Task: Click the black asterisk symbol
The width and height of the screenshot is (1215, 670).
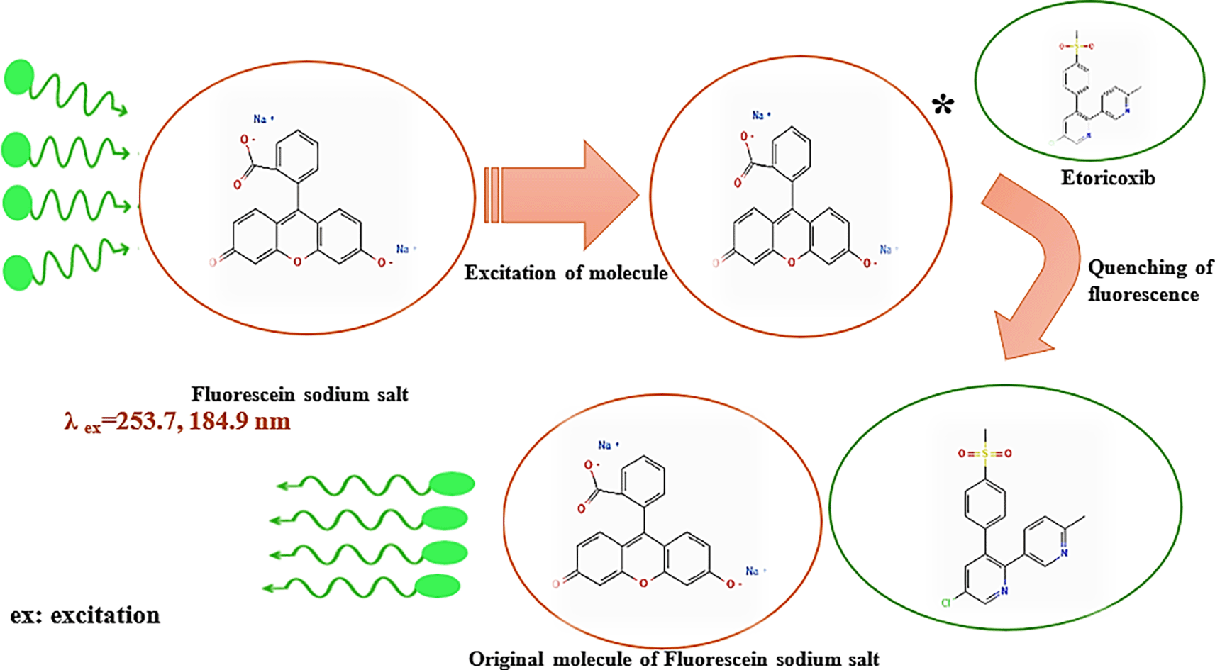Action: (943, 107)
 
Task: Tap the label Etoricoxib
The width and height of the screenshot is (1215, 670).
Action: (1108, 178)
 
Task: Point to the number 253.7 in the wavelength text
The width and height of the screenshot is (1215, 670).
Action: (146, 421)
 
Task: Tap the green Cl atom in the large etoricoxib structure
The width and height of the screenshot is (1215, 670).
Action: (945, 603)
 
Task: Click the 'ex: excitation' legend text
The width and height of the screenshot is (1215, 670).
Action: (85, 615)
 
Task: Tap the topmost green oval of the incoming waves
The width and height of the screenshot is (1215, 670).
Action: (19, 77)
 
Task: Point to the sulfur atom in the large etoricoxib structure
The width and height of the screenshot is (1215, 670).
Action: (984, 453)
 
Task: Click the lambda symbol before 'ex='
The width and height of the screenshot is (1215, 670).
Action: (71, 421)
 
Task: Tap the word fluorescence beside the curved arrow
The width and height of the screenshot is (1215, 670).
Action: (1143, 294)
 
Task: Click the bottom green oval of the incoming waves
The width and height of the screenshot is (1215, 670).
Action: (18, 273)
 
